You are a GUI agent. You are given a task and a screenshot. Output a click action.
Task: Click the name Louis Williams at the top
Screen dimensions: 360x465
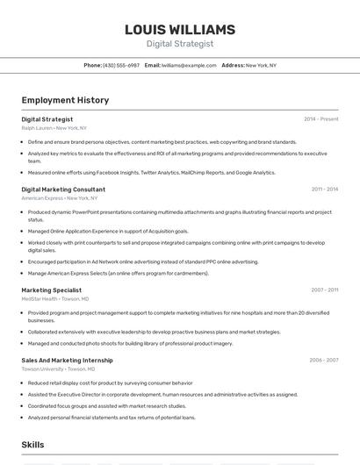180,29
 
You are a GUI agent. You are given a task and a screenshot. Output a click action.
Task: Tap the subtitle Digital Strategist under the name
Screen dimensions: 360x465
180,44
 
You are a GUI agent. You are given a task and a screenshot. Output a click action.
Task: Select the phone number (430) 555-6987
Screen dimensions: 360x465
121,66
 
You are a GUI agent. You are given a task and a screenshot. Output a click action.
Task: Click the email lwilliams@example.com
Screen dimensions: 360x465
189,66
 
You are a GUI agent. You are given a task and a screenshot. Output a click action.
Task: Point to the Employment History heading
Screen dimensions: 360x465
65,100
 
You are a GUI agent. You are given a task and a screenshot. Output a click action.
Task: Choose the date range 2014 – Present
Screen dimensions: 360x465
320,119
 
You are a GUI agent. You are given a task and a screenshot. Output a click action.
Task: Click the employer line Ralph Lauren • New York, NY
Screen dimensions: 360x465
54,128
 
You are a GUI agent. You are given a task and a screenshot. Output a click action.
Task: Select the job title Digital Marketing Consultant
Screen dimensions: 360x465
63,190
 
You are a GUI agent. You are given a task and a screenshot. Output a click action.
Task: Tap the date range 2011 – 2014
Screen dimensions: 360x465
324,190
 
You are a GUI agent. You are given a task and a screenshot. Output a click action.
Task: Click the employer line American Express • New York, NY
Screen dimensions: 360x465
60,198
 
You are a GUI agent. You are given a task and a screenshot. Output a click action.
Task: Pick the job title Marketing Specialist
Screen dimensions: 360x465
51,290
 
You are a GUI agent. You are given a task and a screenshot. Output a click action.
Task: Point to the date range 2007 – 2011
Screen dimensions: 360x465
324,290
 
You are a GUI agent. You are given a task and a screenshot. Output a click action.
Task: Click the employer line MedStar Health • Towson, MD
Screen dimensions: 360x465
55,299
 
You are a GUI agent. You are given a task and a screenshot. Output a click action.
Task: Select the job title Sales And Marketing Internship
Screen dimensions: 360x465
67,360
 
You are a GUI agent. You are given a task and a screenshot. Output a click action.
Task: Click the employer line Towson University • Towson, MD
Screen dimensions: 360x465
59,369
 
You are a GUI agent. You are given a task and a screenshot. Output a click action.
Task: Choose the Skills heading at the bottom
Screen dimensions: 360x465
33,446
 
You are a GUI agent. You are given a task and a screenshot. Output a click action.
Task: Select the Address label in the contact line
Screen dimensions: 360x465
233,66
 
